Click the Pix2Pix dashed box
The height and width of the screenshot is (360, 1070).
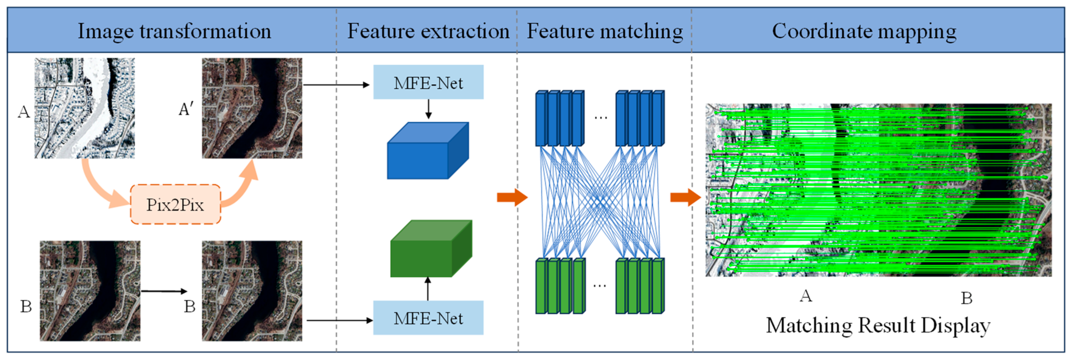(x=175, y=204)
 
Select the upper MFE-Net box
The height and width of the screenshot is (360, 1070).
(x=428, y=82)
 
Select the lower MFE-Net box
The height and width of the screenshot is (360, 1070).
(x=428, y=318)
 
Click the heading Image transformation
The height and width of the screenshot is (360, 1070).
(x=174, y=31)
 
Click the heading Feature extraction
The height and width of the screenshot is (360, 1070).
(x=428, y=31)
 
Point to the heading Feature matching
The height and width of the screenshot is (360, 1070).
(x=605, y=31)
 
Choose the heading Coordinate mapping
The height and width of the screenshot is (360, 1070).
(x=864, y=31)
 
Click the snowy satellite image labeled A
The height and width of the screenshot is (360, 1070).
(x=84, y=108)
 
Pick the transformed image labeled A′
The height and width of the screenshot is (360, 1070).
(x=252, y=108)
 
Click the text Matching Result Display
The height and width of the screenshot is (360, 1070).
(x=878, y=325)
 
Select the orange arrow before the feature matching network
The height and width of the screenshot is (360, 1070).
(x=512, y=197)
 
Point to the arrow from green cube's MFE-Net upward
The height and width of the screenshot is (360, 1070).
(x=428, y=289)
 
